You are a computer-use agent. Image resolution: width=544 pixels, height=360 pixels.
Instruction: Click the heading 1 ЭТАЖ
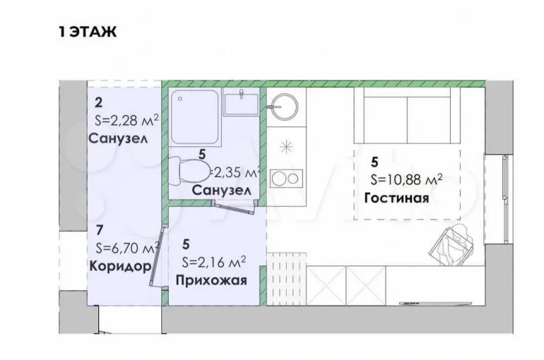pyautogui.click(x=88, y=32)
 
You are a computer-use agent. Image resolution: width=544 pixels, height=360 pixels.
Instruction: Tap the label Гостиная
pyautogui.click(x=396, y=198)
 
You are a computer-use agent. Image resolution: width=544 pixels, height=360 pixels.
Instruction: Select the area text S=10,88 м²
pyautogui.click(x=406, y=179)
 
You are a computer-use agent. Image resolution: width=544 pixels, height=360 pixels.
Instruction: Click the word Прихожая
pyautogui.click(x=211, y=280)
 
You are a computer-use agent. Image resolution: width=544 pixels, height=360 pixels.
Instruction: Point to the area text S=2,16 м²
pyautogui.click(x=213, y=262)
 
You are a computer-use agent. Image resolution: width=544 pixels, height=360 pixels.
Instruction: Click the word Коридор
pyautogui.click(x=120, y=266)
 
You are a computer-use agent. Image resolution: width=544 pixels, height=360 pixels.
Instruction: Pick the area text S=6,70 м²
pyautogui.click(x=127, y=247)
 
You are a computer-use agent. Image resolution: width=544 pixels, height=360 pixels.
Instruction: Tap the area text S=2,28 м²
pyautogui.click(x=126, y=121)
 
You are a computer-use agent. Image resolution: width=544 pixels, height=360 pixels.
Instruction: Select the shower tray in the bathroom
pyautogui.click(x=195, y=116)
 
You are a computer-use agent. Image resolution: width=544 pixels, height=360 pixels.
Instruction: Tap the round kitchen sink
pyautogui.click(x=285, y=106)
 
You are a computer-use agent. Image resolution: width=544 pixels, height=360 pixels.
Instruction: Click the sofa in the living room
pyautogui.click(x=407, y=115)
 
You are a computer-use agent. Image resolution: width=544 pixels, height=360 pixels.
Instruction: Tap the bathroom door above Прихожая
pyautogui.click(x=235, y=208)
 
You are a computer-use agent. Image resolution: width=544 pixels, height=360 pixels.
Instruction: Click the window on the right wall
pyautogui.click(x=505, y=200)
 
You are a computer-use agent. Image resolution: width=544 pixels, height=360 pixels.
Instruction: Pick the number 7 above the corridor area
pyautogui.click(x=100, y=229)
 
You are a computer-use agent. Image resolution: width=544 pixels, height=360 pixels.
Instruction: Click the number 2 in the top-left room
pyautogui.click(x=98, y=103)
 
